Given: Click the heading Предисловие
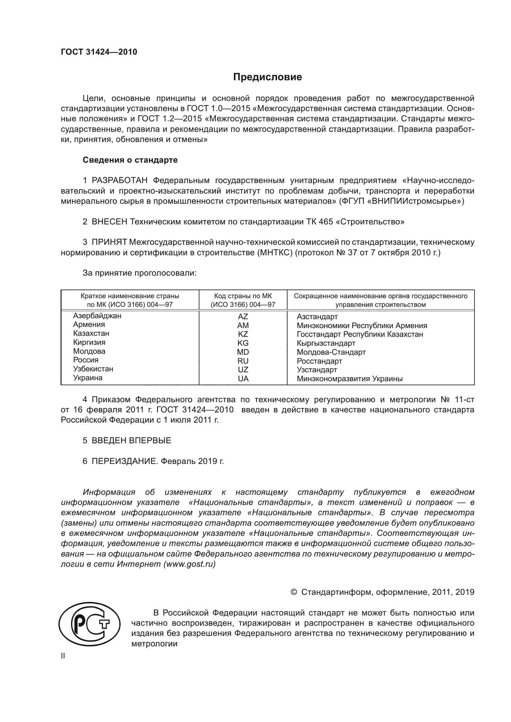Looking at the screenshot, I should tap(267, 77).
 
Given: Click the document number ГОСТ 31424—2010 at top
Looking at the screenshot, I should tap(99, 52).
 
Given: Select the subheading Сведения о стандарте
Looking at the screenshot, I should tap(130, 160).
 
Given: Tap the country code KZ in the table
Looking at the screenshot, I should tap(243, 334).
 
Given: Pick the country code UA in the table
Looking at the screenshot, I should tap(243, 379).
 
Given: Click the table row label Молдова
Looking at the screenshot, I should tap(89, 351).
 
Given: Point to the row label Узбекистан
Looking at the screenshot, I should tap(93, 369).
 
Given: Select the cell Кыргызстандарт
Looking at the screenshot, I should tap(326, 343).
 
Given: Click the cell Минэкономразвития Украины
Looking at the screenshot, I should tap(350, 379).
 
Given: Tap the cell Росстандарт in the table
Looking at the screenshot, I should tap(319, 361).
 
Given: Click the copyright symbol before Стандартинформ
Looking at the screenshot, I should tap(294, 592).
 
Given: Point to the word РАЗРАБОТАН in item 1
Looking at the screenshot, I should tap(120, 181).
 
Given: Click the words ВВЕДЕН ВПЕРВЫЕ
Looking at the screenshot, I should tap(131, 440).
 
